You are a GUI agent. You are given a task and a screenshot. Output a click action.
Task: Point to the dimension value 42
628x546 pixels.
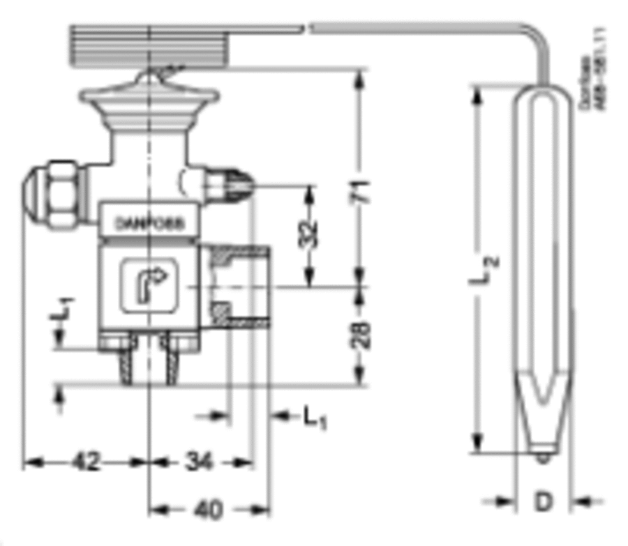pos(86,462)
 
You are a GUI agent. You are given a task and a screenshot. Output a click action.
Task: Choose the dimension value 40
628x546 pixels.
pos(208,509)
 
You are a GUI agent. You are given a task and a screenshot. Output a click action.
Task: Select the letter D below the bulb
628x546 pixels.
pos(543,501)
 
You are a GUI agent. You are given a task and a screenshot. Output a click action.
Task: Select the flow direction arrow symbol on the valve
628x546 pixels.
pos(149,285)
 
